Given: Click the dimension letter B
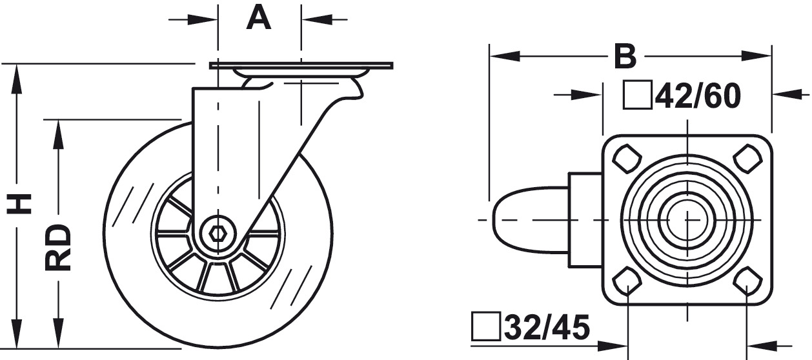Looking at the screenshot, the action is click(625, 56).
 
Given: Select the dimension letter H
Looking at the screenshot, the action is click(19, 203).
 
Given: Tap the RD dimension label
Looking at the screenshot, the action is click(58, 248).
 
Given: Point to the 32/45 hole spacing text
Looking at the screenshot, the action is click(547, 327).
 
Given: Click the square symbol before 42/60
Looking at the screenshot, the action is click(638, 95).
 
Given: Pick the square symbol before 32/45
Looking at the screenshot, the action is click(486, 326).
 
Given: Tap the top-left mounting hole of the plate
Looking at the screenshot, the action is click(627, 159).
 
